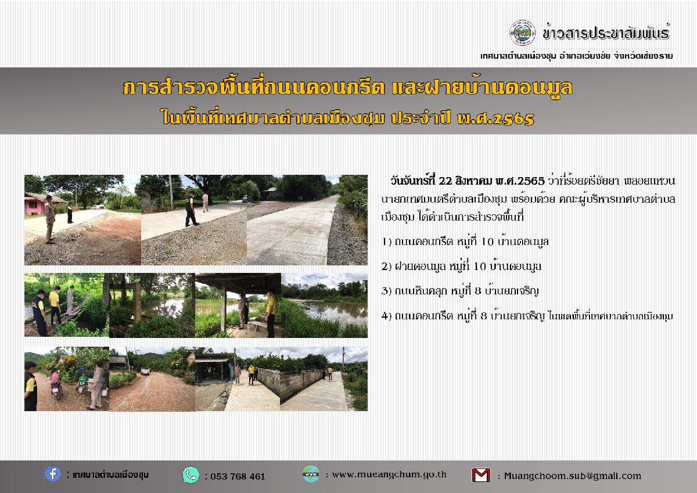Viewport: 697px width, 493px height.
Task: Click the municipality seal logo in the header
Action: pyautogui.click(x=522, y=33)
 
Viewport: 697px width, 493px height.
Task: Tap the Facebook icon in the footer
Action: pyautogui.click(x=53, y=474)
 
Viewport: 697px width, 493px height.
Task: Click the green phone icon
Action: pyautogui.click(x=191, y=475)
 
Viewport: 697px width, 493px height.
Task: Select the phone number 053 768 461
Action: pyautogui.click(x=238, y=477)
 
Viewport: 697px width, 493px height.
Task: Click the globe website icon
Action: pyautogui.click(x=311, y=474)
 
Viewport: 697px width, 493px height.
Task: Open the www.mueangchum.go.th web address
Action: pyautogui.click(x=389, y=474)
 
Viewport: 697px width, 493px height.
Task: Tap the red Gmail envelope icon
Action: pyautogui.click(x=481, y=475)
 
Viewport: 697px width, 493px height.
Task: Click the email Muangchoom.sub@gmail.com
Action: pyautogui.click(x=573, y=476)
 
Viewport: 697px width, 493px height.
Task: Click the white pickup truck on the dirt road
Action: pyautogui.click(x=145, y=370)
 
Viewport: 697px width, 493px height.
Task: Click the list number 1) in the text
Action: pyautogui.click(x=386, y=242)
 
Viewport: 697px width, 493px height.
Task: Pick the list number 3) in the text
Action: pyautogui.click(x=386, y=291)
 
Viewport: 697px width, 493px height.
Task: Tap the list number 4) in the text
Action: pyautogui.click(x=386, y=316)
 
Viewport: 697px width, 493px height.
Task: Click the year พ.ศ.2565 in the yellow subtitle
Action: pyautogui.click(x=495, y=118)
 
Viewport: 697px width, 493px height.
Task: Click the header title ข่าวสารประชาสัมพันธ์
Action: pyautogui.click(x=606, y=33)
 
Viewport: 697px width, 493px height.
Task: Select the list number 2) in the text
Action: pyautogui.click(x=386, y=267)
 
